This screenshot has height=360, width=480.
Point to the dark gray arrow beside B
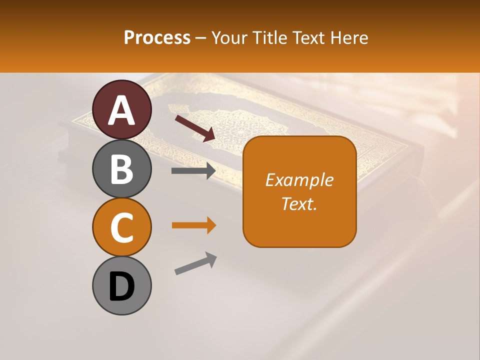pyautogui.click(x=193, y=171)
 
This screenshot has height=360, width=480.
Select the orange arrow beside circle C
pyautogui.click(x=193, y=225)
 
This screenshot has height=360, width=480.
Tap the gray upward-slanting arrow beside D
pyautogui.click(x=195, y=263)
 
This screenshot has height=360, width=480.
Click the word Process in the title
pyautogui.click(x=157, y=37)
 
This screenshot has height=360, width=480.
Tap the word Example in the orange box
pyautogui.click(x=299, y=180)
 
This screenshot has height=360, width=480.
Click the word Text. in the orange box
pyautogui.click(x=299, y=203)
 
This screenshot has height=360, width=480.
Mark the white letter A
pyautogui.click(x=122, y=110)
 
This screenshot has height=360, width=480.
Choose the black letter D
pyautogui.click(x=122, y=286)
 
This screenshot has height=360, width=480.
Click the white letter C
pyautogui.click(x=122, y=228)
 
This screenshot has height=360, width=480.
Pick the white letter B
pyautogui.click(x=122, y=169)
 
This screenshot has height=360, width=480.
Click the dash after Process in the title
pyautogui.click(x=201, y=38)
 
